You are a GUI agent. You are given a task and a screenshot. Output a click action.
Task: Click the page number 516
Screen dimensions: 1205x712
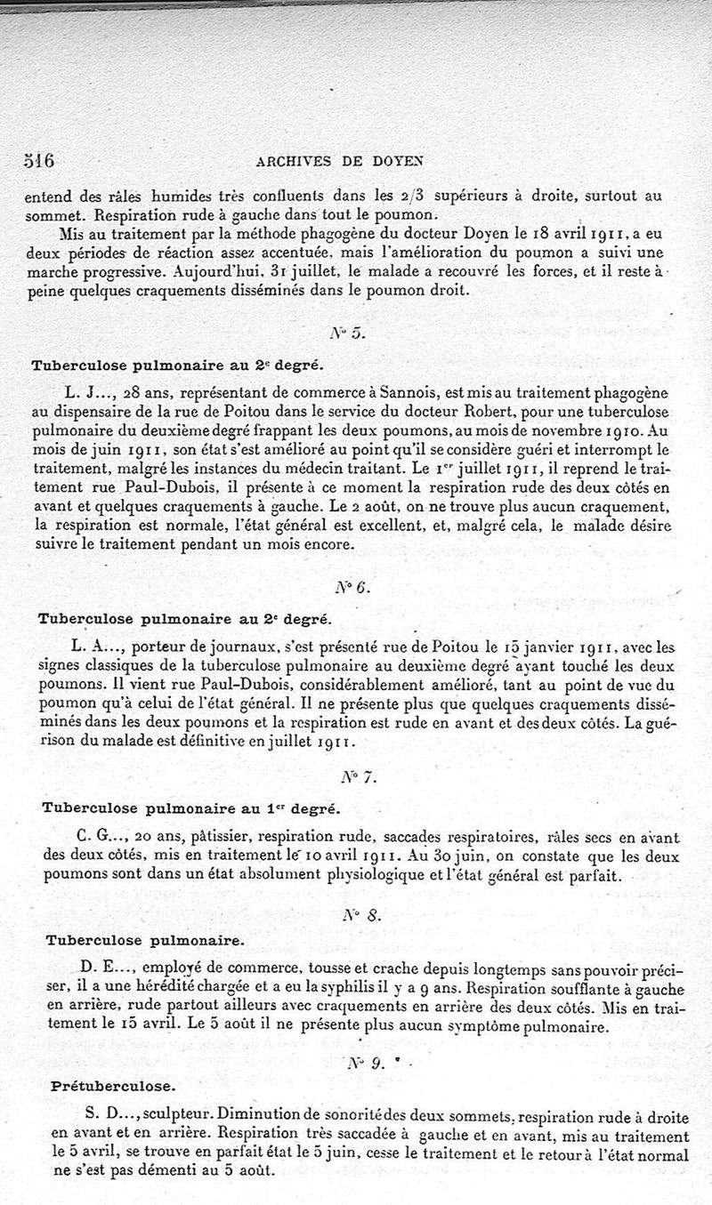tap(37, 160)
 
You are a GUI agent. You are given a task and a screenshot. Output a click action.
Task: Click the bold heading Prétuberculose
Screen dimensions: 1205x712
tap(101, 1086)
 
